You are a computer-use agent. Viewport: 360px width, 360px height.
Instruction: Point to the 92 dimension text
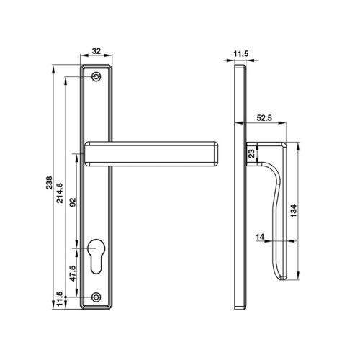coord(71,204)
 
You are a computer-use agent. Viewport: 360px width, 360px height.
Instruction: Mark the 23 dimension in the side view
coord(251,153)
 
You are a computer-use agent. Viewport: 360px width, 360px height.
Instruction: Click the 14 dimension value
coord(261,235)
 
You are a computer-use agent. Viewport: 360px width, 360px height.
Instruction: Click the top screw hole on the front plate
coord(97,76)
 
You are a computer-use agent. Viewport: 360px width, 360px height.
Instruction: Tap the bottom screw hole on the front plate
coord(97,297)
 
